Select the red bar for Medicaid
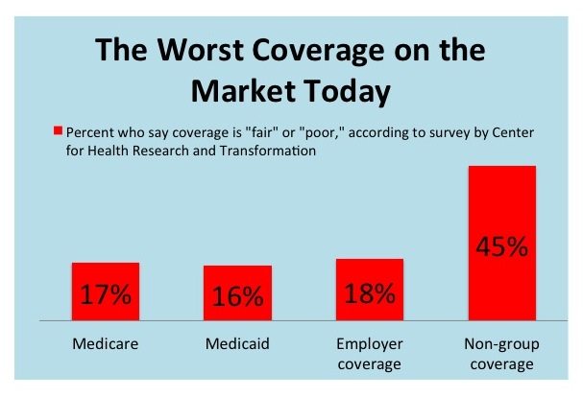coord(237,292)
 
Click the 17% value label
coord(106,294)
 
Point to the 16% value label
coord(237,296)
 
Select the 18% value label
coord(369,293)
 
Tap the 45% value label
coord(500,247)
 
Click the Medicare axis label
coord(106,342)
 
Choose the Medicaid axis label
coord(237,342)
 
